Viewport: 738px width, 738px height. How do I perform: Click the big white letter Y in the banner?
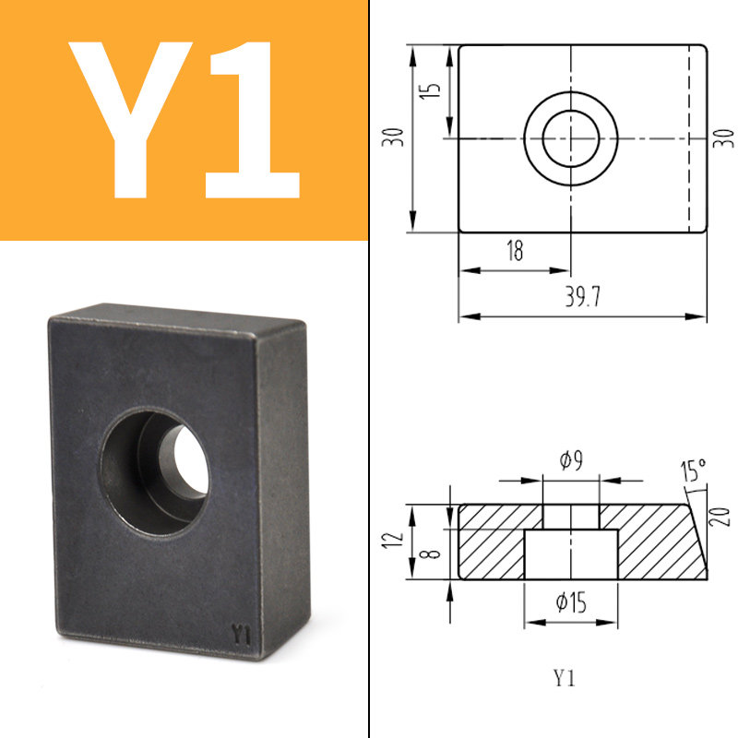(x=130, y=120)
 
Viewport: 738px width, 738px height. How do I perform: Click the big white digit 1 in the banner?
(x=252, y=120)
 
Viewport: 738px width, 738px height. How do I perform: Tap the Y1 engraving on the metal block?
(x=241, y=635)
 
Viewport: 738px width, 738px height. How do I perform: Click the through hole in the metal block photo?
(x=191, y=459)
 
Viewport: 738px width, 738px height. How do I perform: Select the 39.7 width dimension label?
(x=583, y=297)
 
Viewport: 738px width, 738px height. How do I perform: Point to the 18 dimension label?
(x=515, y=250)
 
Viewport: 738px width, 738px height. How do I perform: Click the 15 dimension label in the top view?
(x=430, y=89)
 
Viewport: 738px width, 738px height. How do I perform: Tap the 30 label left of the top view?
(x=393, y=137)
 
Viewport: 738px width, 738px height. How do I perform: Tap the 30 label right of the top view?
(x=724, y=138)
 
